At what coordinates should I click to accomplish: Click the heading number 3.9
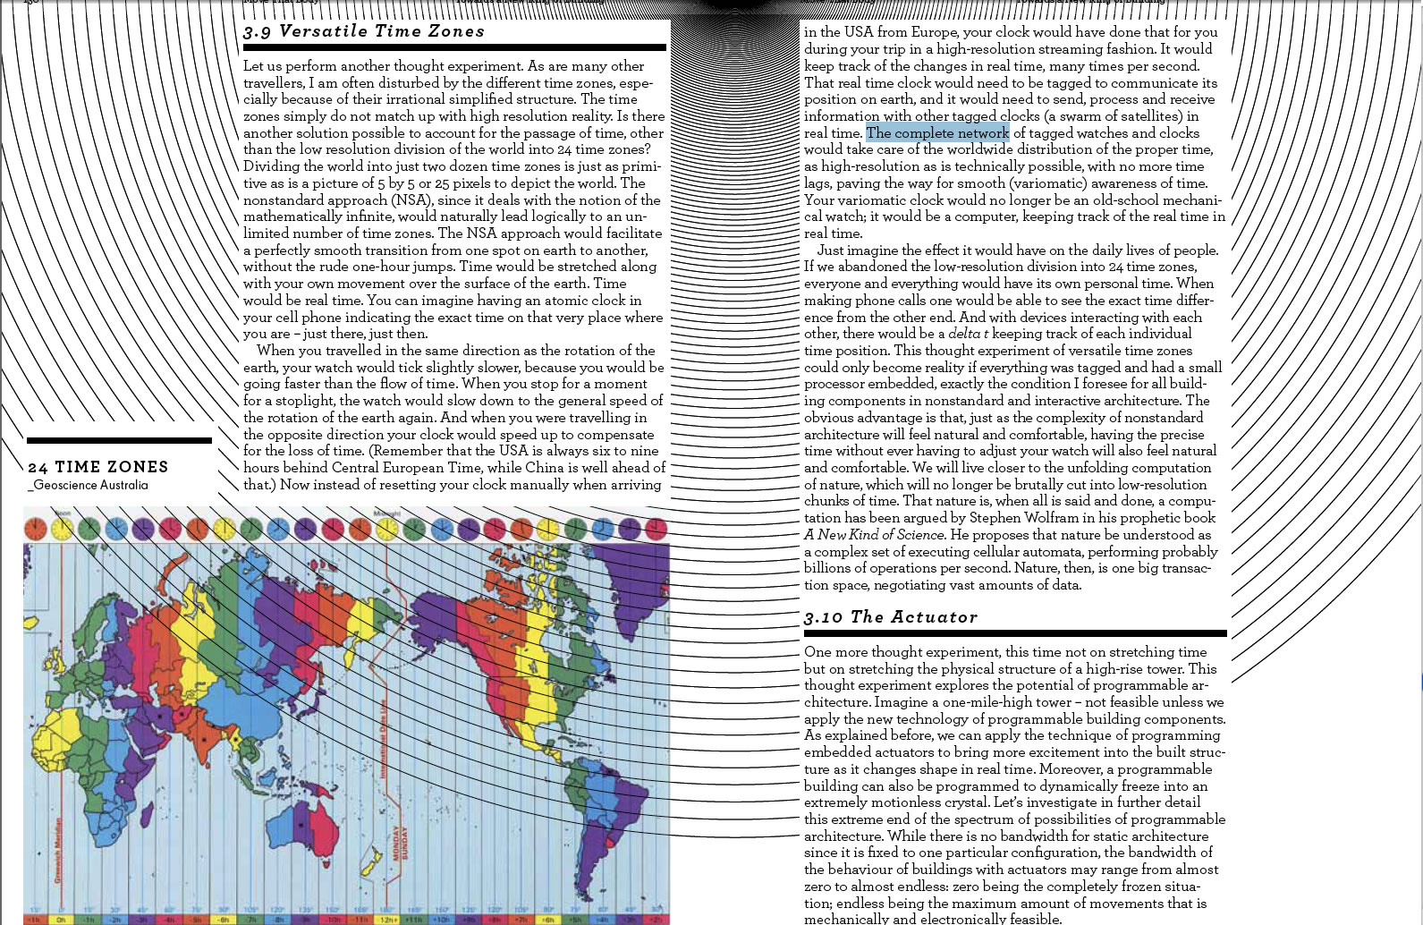[x=257, y=32]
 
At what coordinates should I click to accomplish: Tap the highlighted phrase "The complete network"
[x=936, y=133]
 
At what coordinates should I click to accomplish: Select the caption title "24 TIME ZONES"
[x=98, y=467]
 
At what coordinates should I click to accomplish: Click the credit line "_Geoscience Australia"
[x=89, y=485]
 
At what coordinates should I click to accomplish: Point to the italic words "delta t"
[x=968, y=334]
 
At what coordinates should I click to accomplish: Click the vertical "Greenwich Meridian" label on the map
[x=59, y=850]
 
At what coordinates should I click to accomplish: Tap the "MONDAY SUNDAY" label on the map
[x=400, y=842]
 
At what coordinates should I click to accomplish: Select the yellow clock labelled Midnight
[x=387, y=529]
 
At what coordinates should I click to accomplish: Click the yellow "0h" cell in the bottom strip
[x=61, y=919]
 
